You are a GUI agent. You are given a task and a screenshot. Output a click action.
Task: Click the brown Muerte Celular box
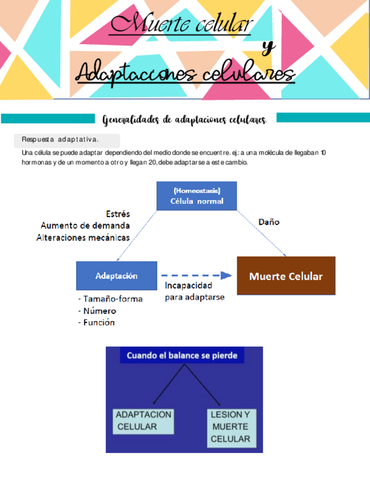(286, 276)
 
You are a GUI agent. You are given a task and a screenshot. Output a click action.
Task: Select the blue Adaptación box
(116, 276)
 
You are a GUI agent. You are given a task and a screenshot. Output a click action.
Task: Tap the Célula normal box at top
(197, 196)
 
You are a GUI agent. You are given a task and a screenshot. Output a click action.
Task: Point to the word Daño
(269, 222)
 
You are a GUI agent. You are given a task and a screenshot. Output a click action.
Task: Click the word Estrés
(117, 214)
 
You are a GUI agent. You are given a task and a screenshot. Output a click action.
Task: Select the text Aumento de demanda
(85, 225)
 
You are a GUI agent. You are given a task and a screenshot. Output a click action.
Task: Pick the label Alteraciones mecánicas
(83, 237)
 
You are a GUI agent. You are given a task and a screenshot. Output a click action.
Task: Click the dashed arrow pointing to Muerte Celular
(195, 275)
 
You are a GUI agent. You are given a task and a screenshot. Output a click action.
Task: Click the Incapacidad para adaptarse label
(194, 291)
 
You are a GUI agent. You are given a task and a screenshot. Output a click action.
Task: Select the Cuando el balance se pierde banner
(185, 356)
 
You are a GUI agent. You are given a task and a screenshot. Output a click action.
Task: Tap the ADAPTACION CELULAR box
(143, 420)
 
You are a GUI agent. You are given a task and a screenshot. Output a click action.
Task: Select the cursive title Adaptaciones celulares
(185, 73)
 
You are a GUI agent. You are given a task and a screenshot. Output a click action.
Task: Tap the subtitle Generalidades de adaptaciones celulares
(185, 120)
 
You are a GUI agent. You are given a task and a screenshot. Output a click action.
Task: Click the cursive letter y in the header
(269, 49)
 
